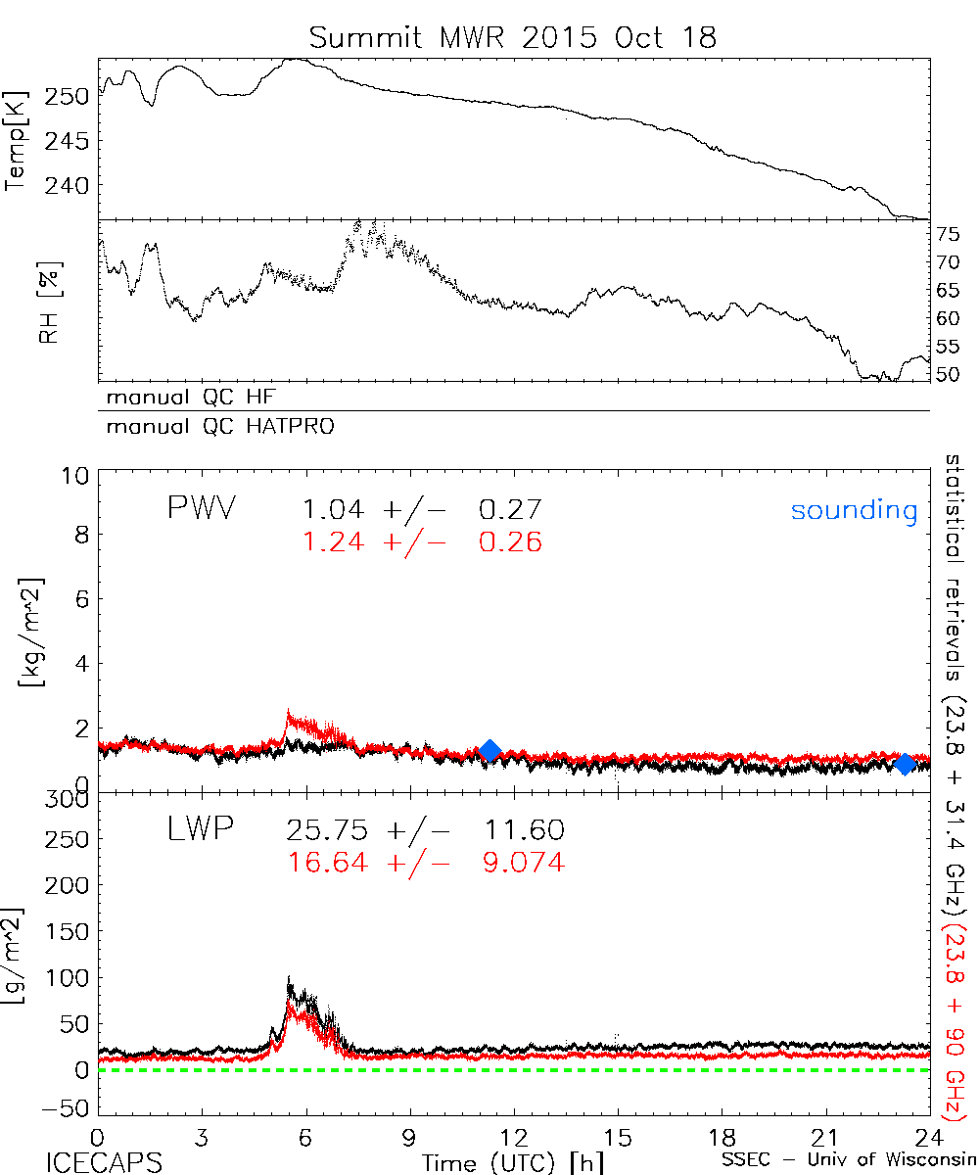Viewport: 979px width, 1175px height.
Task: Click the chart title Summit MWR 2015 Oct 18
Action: (x=513, y=38)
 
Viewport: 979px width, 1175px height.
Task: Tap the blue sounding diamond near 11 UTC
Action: (x=489, y=751)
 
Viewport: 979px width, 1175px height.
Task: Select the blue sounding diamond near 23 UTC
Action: (x=906, y=763)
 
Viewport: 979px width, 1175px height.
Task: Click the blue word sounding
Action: (x=855, y=510)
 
